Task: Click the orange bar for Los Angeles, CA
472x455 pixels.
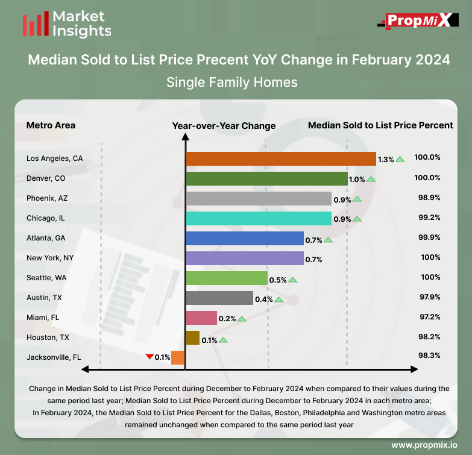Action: point(281,158)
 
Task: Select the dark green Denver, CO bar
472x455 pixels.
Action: point(266,178)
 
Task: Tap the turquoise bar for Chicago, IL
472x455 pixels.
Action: point(259,218)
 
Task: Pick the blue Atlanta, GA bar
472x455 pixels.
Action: point(245,238)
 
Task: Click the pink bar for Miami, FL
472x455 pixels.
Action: point(201,318)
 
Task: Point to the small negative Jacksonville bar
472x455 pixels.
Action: point(178,357)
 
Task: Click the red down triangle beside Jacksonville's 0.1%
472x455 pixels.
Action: point(149,356)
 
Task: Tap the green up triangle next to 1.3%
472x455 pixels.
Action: point(400,159)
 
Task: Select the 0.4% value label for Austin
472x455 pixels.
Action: point(264,299)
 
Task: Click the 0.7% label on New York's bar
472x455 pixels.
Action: point(314,259)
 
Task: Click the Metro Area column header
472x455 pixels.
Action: point(51,125)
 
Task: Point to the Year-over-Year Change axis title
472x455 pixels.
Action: point(224,125)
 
